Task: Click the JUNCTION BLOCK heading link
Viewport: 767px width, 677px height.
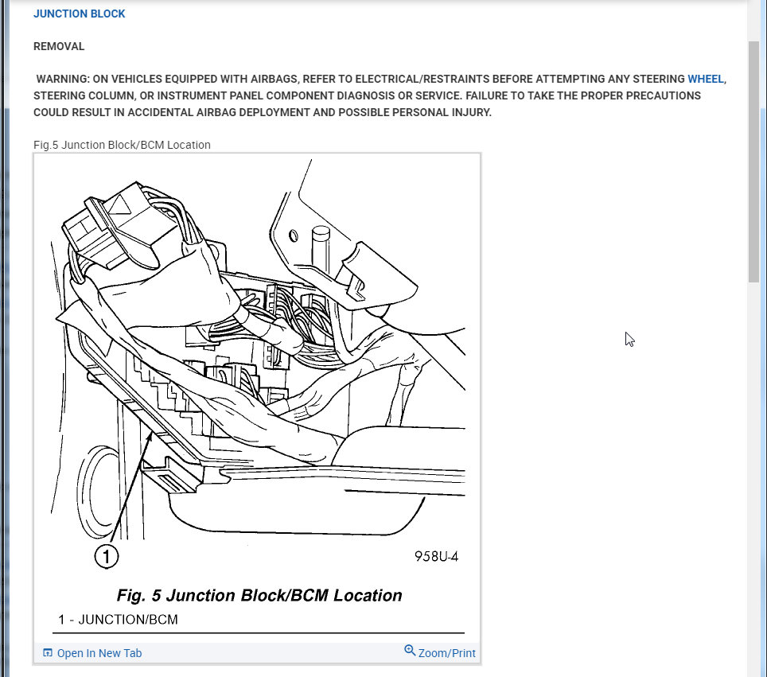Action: point(79,14)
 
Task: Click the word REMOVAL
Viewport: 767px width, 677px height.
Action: point(59,47)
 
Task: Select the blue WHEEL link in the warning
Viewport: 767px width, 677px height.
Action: point(706,79)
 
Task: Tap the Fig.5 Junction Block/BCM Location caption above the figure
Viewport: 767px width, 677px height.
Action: point(122,145)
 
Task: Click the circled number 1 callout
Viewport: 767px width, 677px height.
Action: point(107,556)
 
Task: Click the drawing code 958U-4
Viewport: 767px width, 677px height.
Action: point(436,556)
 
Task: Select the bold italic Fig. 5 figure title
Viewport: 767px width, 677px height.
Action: point(259,595)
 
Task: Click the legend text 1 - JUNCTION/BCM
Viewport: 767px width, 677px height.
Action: point(118,619)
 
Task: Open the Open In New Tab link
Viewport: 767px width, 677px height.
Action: point(99,653)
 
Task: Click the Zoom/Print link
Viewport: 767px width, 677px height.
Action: point(446,653)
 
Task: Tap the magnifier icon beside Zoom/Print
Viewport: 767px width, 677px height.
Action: point(410,651)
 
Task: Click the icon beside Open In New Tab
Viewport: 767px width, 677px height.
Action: point(48,653)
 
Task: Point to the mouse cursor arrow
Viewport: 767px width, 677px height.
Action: point(629,338)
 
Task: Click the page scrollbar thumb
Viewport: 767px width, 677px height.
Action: point(753,159)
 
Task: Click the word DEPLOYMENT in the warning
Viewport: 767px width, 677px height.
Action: point(273,112)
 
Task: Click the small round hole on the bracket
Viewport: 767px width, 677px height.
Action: point(294,235)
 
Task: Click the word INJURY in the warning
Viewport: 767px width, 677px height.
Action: point(470,112)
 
